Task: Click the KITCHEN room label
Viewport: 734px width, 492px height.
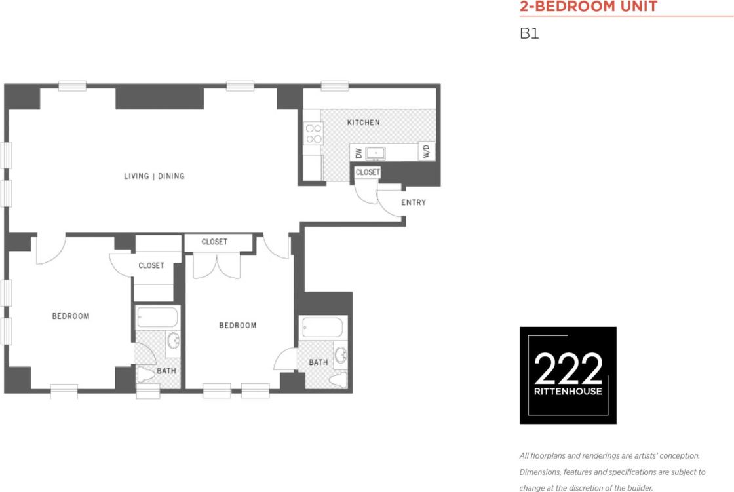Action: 363,123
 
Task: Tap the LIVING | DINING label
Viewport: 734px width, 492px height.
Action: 155,176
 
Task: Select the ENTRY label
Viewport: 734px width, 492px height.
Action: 414,202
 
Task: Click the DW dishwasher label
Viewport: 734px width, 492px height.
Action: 358,153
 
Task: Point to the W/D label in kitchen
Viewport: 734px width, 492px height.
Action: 426,152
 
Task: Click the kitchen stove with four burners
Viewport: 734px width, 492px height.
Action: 314,134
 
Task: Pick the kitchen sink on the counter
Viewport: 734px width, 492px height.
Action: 376,153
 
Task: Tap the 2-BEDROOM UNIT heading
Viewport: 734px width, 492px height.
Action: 588,7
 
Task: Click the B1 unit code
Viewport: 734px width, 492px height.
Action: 529,33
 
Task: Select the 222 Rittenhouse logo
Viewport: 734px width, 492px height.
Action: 568,375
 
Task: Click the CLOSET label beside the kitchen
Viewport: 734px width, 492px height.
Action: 368,172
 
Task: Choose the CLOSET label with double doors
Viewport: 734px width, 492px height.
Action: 214,242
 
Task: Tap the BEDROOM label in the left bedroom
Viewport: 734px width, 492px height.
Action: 71,316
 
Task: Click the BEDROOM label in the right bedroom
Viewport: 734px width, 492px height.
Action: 238,326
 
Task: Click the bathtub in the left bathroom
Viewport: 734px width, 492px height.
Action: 157,318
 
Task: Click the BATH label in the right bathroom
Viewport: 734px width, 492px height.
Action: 318,362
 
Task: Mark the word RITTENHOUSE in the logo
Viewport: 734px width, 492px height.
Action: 568,392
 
